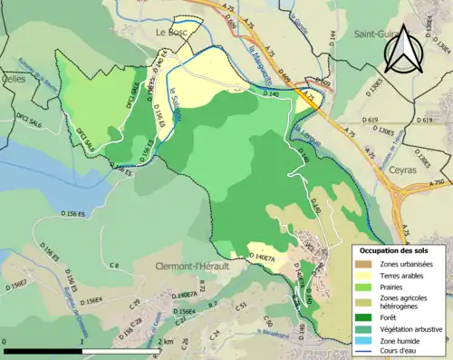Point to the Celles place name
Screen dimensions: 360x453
pos(13,80)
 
